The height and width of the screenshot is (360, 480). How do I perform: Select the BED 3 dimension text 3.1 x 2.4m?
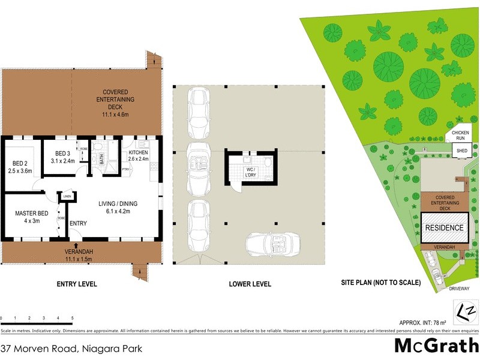[62, 161]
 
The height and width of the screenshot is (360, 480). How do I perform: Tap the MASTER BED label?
[31, 212]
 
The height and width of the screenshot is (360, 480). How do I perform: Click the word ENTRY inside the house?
[78, 224]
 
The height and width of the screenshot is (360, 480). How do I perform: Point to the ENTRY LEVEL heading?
[77, 284]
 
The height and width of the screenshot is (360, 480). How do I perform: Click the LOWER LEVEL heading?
[250, 284]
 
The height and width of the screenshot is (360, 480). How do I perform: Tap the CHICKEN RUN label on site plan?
[460, 135]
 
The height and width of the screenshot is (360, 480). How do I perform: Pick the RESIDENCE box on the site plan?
[444, 228]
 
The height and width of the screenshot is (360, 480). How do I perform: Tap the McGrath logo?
[436, 346]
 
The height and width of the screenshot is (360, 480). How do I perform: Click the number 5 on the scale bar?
[72, 318]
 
